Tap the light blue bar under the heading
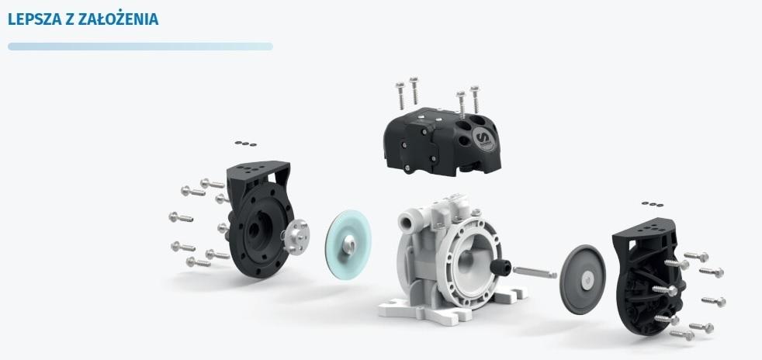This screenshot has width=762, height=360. [x=140, y=47]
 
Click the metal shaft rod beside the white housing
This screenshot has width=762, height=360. [x=535, y=272]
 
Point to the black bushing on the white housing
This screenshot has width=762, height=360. [x=500, y=267]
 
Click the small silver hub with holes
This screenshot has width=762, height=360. [x=296, y=236]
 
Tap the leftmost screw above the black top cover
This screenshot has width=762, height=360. [x=400, y=95]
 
